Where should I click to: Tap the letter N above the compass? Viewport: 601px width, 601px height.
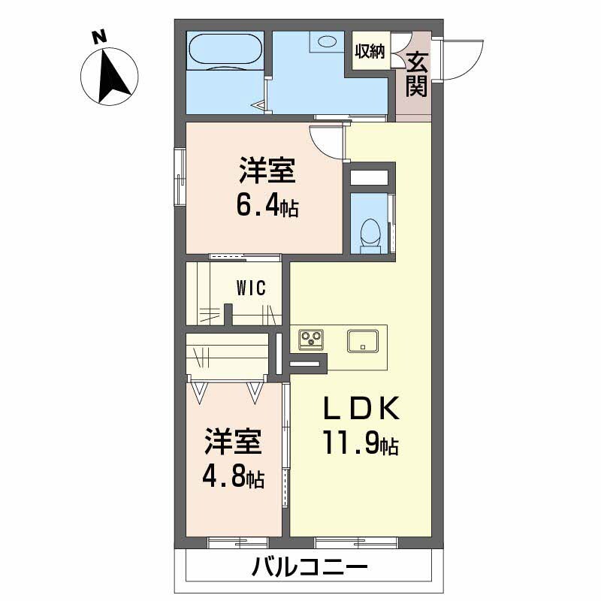(97, 35)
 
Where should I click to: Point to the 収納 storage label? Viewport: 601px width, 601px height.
(370, 52)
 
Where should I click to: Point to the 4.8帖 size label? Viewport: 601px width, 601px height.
(233, 478)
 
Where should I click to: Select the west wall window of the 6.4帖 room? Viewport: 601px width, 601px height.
(180, 177)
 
